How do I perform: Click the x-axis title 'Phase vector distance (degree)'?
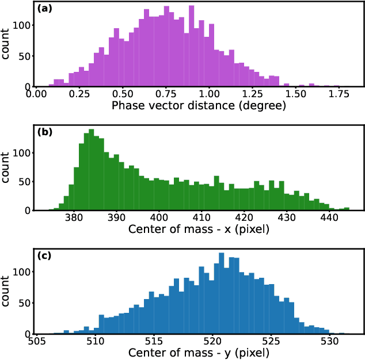[x=199, y=105]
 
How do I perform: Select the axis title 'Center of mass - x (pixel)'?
[x=199, y=229]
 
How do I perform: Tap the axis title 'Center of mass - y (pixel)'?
[x=199, y=352]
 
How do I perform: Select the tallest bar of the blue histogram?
[x=221, y=293]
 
